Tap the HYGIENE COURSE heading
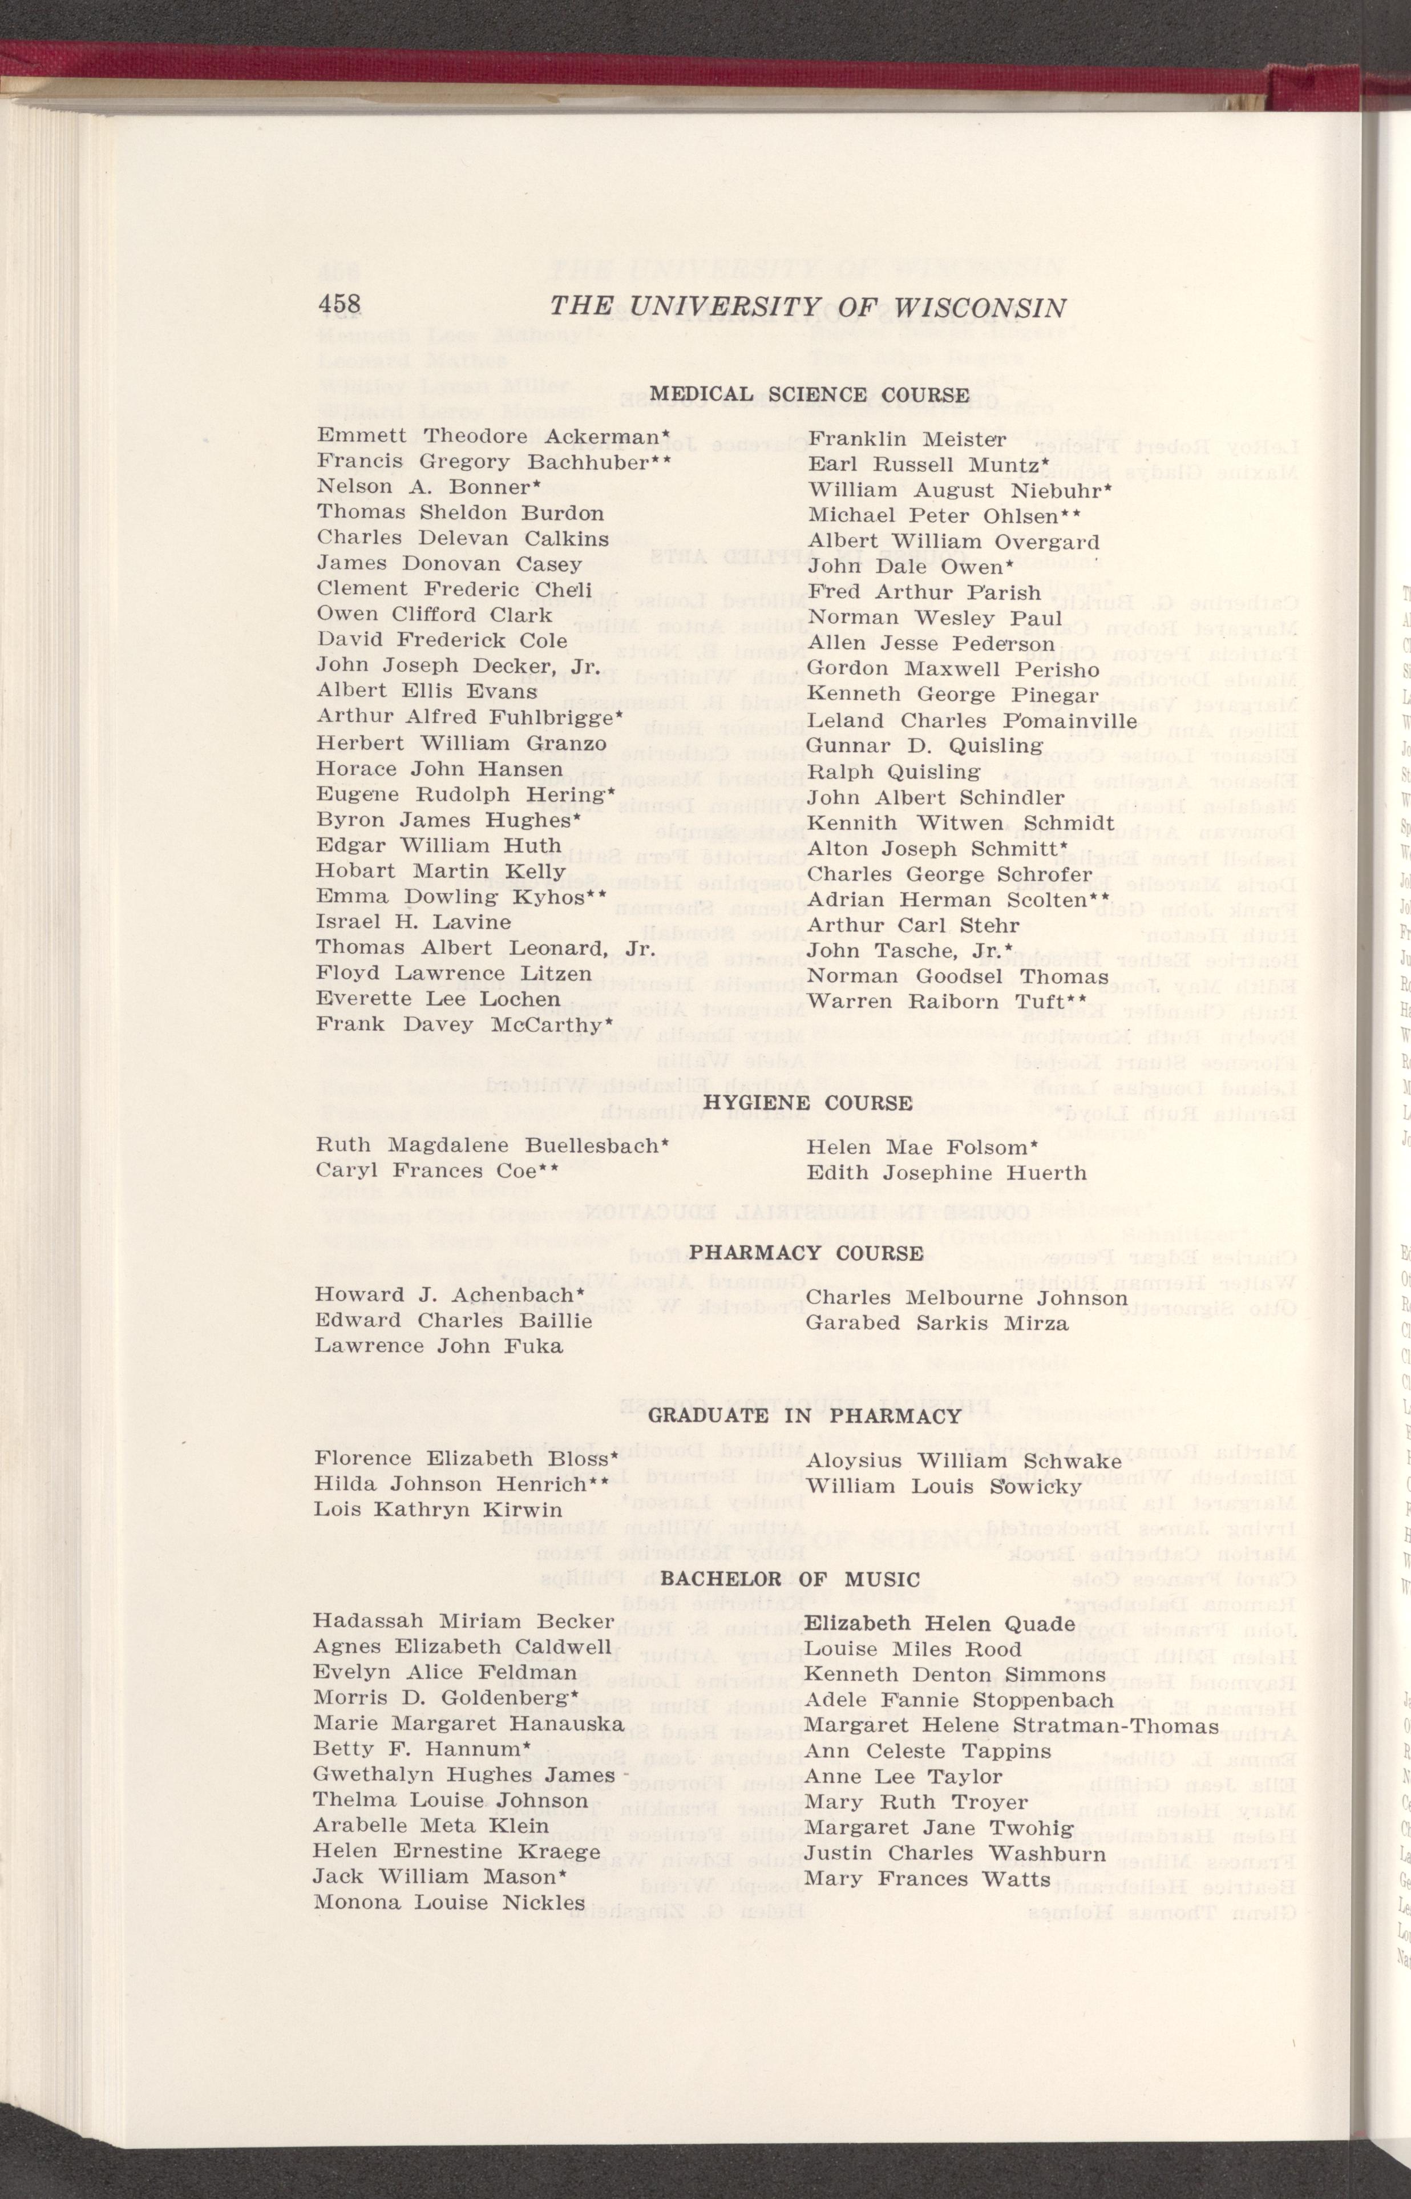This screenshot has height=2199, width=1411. (x=807, y=1102)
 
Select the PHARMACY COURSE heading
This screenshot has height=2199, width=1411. (x=806, y=1253)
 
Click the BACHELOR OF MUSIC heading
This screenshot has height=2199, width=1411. (x=790, y=1579)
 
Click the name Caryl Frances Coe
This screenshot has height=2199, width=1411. (x=437, y=1171)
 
